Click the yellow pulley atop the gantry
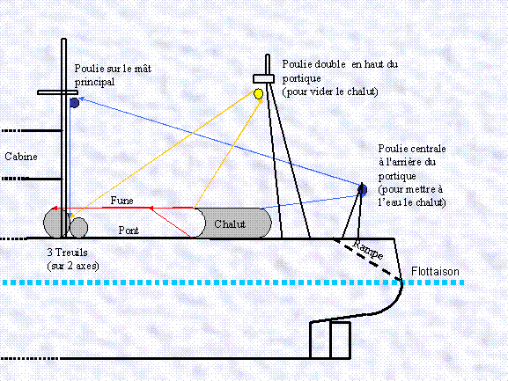pyautogui.click(x=258, y=94)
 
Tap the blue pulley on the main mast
pyautogui.click(x=75, y=103)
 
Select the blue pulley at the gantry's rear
pyautogui.click(x=363, y=190)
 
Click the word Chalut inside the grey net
pyautogui.click(x=230, y=224)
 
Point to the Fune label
pyautogui.click(x=122, y=201)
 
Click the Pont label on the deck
pyautogui.click(x=129, y=231)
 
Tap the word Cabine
pyautogui.click(x=21, y=157)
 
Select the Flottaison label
pyautogui.click(x=435, y=271)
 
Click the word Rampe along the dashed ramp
pyautogui.click(x=368, y=250)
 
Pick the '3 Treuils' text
pyautogui.click(x=68, y=253)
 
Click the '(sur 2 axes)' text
pyautogui.click(x=73, y=266)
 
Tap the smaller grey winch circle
pyautogui.click(x=78, y=228)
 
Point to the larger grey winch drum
pyautogui.click(x=56, y=223)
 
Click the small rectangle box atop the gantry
pyautogui.click(x=264, y=78)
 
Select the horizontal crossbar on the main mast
pyautogui.click(x=57, y=92)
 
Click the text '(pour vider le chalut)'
pyautogui.click(x=330, y=92)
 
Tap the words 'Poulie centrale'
pyautogui.click(x=412, y=149)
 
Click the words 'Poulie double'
pyautogui.click(x=313, y=64)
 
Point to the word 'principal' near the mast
pyautogui.click(x=94, y=82)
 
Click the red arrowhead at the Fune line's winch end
pyautogui.click(x=55, y=209)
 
